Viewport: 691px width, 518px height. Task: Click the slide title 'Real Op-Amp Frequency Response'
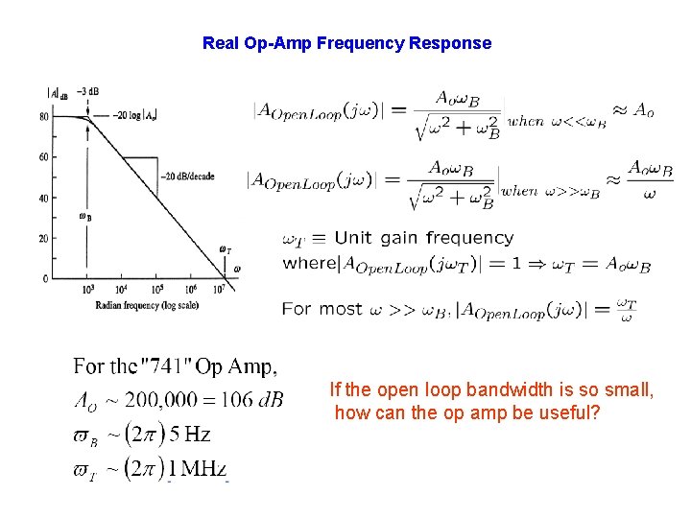[346, 43]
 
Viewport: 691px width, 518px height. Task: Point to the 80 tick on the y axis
[44, 117]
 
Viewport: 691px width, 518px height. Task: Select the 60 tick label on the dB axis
[44, 157]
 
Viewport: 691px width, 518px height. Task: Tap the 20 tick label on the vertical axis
[44, 238]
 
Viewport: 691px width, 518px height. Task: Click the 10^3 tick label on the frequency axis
[88, 289]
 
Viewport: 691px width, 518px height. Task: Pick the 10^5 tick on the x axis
[155, 289]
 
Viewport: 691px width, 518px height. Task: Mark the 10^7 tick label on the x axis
[219, 289]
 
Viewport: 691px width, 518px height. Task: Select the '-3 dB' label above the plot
[88, 92]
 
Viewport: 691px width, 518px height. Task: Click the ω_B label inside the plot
[85, 217]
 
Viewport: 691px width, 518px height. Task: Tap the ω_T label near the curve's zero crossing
[225, 250]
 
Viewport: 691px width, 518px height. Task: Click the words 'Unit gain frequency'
[424, 238]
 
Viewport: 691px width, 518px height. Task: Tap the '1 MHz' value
[198, 469]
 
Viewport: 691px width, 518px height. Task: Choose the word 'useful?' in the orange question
[570, 413]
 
